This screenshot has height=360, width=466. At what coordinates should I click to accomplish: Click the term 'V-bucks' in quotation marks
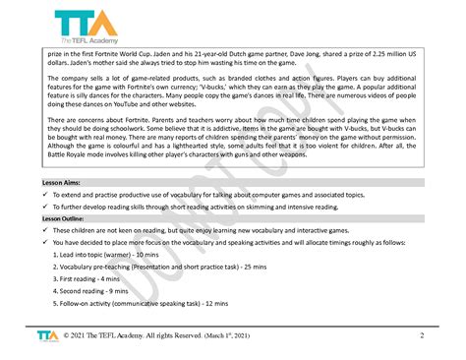(x=260, y=101)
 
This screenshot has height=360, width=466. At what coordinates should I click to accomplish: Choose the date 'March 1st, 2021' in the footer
(x=222, y=335)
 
